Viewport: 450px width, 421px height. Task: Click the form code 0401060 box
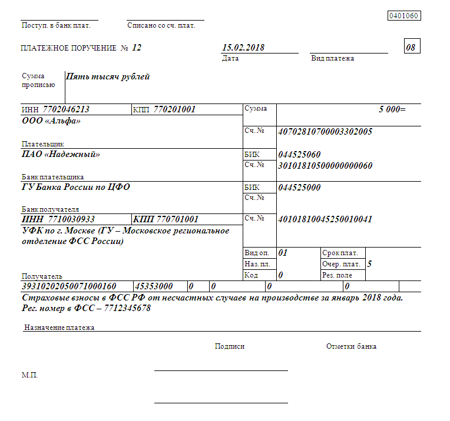click(x=403, y=16)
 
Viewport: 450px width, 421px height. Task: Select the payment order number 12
click(x=137, y=48)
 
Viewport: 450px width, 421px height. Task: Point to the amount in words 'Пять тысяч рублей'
click(x=108, y=76)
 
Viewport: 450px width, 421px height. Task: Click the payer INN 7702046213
click(x=66, y=109)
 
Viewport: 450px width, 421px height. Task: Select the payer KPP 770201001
click(x=174, y=109)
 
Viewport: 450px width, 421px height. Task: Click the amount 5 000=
click(x=392, y=109)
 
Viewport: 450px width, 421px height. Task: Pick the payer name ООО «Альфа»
click(x=51, y=121)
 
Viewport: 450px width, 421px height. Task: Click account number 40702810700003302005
click(x=325, y=132)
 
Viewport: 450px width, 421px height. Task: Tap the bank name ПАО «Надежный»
click(x=61, y=155)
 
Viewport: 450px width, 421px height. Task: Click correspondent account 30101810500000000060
click(x=325, y=166)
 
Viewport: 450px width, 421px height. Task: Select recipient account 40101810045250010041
click(x=325, y=219)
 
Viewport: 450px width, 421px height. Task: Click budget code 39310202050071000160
click(x=69, y=286)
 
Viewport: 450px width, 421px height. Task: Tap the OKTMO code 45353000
click(x=154, y=286)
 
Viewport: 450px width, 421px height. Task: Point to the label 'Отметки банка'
click(x=351, y=346)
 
